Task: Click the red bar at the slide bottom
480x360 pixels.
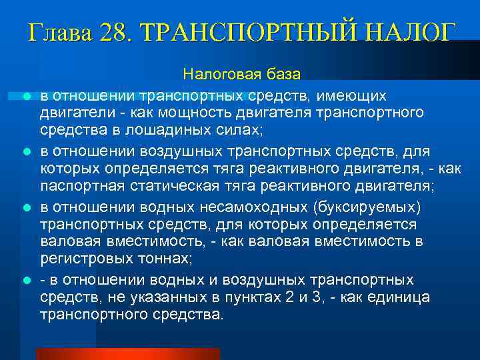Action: click(x=127, y=354)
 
